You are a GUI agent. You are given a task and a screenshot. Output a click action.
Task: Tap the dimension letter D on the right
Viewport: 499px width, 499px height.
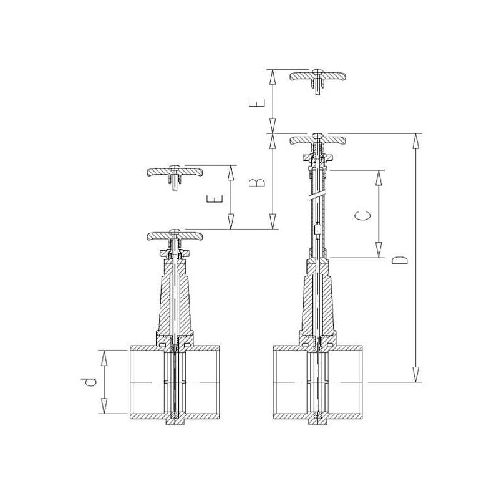400,259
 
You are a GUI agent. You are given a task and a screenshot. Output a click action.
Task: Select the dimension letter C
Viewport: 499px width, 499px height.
362,215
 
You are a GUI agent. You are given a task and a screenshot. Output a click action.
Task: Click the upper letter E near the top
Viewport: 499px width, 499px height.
257,103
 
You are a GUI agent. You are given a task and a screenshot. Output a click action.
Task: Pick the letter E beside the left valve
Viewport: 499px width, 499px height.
215,199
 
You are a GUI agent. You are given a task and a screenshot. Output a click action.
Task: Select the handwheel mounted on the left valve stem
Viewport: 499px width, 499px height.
175,236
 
